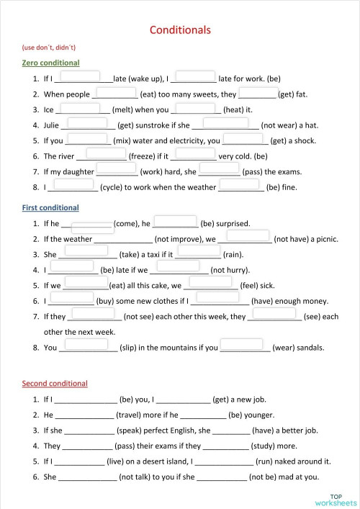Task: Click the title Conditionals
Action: pos(180,30)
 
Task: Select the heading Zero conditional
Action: pos(50,63)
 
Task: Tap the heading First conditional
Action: pos(50,207)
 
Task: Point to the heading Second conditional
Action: pos(55,384)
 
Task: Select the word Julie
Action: pos(53,125)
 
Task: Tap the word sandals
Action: pos(309,348)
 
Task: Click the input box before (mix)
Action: pos(88,139)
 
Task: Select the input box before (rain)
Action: pos(199,250)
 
